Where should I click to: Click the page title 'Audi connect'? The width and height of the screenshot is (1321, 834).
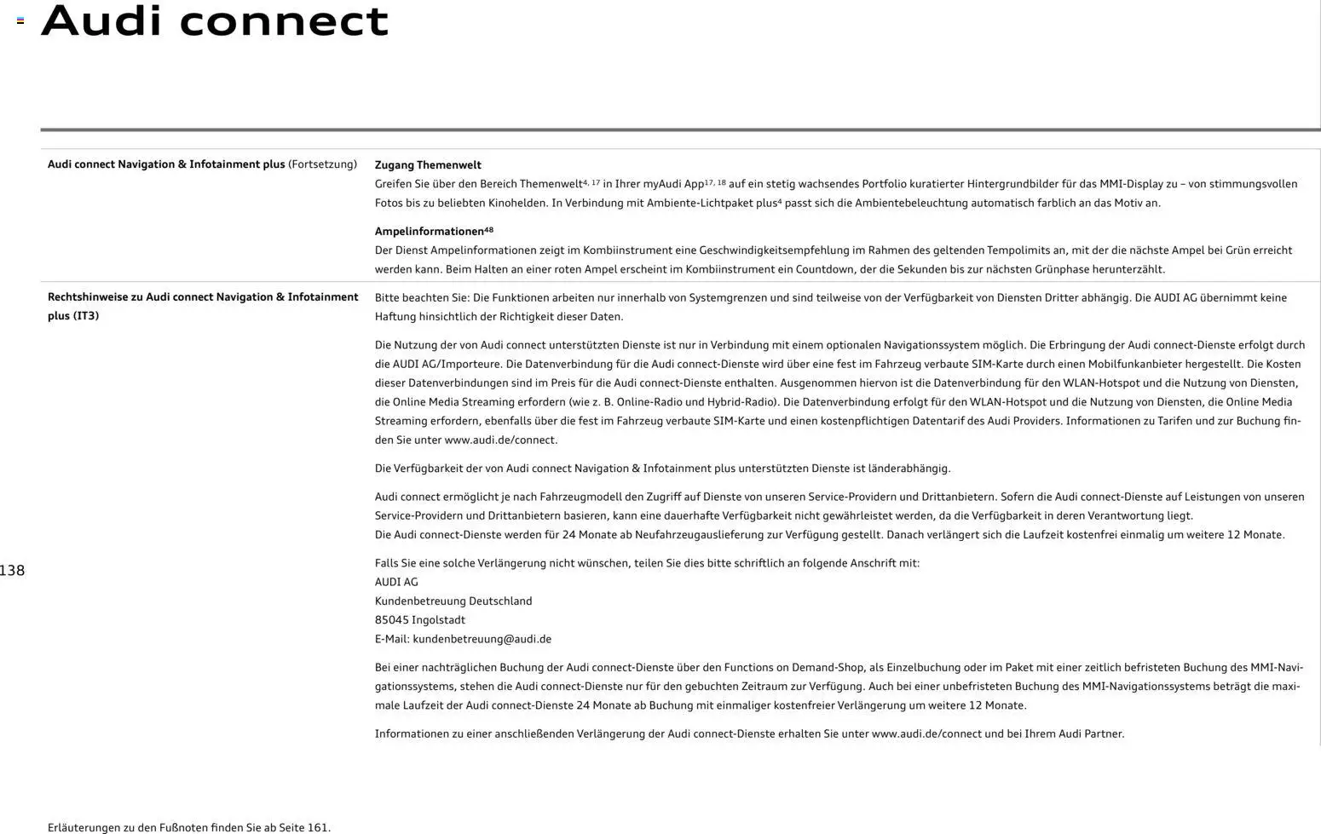pos(215,21)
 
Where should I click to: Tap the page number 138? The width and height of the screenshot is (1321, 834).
pos(12,571)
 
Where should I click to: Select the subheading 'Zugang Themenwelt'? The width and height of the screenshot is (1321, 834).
pos(428,165)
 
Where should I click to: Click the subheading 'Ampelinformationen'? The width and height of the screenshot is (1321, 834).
pos(430,232)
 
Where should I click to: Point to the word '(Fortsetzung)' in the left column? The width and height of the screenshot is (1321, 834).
pos(322,164)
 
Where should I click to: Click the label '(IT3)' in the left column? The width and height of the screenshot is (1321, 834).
pos(85,316)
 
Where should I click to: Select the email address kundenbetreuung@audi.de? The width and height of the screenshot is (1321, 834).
pos(482,639)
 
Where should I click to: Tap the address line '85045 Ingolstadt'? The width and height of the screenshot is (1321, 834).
pos(420,620)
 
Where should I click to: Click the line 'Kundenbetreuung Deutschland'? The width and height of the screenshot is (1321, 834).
pos(453,601)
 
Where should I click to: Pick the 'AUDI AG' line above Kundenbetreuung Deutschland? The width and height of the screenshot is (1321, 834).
pos(396,582)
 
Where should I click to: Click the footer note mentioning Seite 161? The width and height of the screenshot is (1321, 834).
pos(189,827)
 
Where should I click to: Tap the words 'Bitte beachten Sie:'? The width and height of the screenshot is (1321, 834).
pos(421,298)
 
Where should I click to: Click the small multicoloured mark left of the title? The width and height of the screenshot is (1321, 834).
pos(20,20)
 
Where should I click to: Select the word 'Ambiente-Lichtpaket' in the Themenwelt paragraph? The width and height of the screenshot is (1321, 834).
pos(700,204)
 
